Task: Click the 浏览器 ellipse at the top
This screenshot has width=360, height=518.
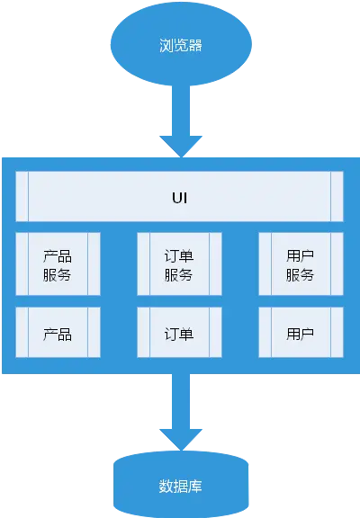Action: point(181,44)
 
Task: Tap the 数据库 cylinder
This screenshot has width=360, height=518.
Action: point(181,485)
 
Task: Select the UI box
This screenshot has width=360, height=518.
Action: point(179,196)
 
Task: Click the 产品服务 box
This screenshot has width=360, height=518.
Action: point(58,263)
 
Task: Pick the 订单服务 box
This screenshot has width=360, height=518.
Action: point(179,263)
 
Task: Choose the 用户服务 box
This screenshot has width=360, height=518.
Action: point(301,263)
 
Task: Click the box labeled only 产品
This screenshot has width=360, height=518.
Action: point(58,333)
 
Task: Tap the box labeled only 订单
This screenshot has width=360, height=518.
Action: point(179,333)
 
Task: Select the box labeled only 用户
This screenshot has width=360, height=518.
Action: point(301,333)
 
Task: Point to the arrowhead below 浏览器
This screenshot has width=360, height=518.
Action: point(181,146)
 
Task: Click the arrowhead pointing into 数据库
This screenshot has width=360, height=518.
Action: point(181,439)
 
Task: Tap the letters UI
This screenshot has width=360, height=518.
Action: point(180,198)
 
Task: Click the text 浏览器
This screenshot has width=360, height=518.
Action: point(181,45)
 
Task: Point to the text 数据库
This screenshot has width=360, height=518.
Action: point(180,486)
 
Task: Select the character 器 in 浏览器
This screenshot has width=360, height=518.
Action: point(195,45)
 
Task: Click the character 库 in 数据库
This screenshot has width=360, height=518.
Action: point(195,486)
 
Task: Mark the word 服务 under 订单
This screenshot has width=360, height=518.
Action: point(178,275)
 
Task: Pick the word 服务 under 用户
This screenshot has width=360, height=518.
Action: point(300,275)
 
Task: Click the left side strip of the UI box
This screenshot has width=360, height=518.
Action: point(22,196)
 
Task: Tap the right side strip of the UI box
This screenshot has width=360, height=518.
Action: point(337,196)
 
